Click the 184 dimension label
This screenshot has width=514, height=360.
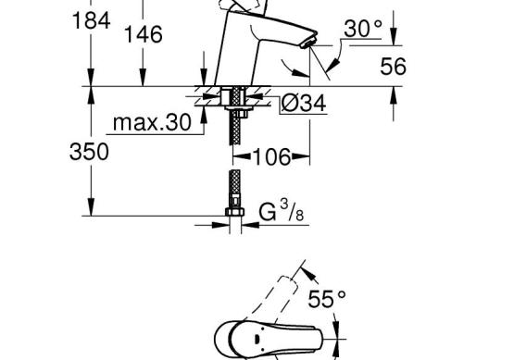(91, 20)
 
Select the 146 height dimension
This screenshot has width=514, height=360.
(144, 34)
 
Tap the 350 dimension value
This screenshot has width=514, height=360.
(89, 152)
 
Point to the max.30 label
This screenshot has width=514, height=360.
(152, 122)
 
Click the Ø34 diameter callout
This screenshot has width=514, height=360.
(304, 103)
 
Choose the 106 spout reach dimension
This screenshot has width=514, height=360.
(271, 156)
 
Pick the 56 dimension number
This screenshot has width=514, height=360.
(393, 66)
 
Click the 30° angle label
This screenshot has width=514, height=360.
(363, 29)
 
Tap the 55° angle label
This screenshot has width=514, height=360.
(327, 299)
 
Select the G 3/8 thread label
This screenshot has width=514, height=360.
(282, 212)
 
